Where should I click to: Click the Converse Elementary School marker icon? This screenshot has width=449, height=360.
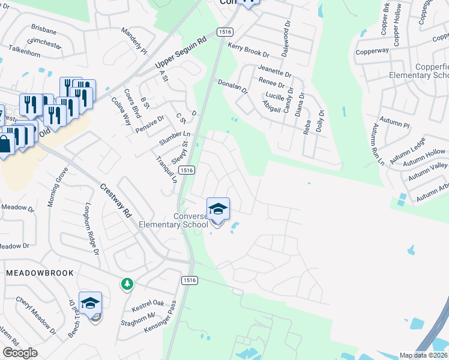[x=218, y=209]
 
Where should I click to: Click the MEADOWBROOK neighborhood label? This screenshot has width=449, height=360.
[x=40, y=273]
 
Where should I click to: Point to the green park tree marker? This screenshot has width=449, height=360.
[x=127, y=283]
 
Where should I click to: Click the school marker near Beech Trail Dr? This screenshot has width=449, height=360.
[x=90, y=304]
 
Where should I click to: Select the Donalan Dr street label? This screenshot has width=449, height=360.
[x=232, y=87]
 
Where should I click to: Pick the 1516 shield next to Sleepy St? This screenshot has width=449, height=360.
[x=187, y=170]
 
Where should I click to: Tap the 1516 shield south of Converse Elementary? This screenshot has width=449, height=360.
[x=189, y=280]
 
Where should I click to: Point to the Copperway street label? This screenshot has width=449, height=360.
[x=373, y=52]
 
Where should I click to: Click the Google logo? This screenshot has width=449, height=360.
[x=20, y=353]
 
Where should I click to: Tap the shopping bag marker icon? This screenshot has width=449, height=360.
[x=4, y=145]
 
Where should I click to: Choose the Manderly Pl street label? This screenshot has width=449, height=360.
[x=134, y=39]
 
